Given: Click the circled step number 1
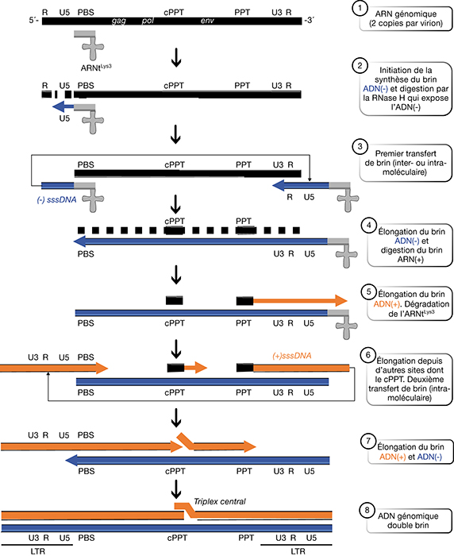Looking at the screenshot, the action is click(x=360, y=8).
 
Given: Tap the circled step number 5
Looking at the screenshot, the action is click(x=368, y=292).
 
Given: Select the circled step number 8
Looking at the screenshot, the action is click(x=367, y=510).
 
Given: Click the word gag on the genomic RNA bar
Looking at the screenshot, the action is click(x=119, y=21).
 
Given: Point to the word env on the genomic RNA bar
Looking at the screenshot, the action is click(x=207, y=21).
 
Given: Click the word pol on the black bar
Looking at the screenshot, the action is click(x=148, y=21).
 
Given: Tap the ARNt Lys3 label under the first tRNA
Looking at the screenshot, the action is click(x=96, y=68).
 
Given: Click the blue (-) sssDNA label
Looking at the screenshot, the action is click(x=56, y=200).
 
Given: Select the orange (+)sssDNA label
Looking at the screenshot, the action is click(x=291, y=356).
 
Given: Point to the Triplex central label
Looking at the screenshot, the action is click(x=220, y=501).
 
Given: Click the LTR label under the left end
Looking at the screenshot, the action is click(x=37, y=551).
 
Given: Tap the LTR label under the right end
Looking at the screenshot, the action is click(x=298, y=551).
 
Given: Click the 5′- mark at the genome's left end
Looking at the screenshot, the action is click(x=34, y=21).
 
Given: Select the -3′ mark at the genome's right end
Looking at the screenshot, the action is click(x=309, y=21).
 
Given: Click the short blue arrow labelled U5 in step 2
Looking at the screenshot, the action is click(x=63, y=106).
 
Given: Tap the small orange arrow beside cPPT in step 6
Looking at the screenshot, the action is click(x=195, y=368).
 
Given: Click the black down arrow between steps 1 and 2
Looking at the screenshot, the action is click(x=176, y=57).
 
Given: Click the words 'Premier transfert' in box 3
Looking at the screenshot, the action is click(x=406, y=153).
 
